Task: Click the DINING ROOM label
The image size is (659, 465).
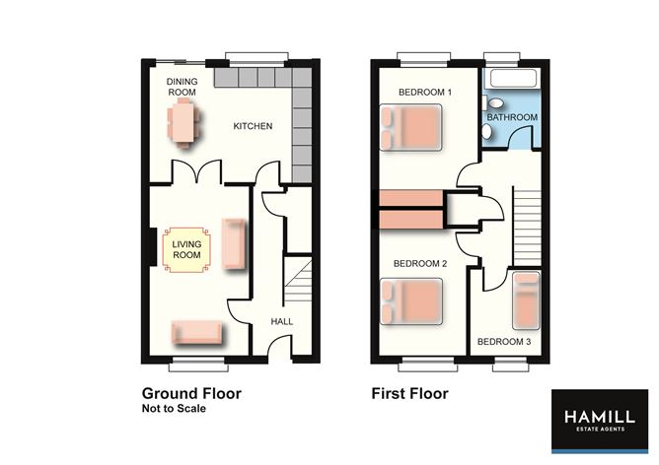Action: pyautogui.click(x=183, y=89)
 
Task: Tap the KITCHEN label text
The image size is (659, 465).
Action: pyautogui.click(x=252, y=127)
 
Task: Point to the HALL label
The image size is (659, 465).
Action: pyautogui.click(x=281, y=321)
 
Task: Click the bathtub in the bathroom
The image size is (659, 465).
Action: pyautogui.click(x=512, y=79)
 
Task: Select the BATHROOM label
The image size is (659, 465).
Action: pyautogui.click(x=513, y=117)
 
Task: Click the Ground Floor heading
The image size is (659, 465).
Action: pyautogui.click(x=191, y=393)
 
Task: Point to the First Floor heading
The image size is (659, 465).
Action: pyautogui.click(x=409, y=393)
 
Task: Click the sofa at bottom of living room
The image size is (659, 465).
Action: pyautogui.click(x=195, y=333)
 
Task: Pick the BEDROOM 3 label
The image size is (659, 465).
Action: pyautogui.click(x=504, y=342)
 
